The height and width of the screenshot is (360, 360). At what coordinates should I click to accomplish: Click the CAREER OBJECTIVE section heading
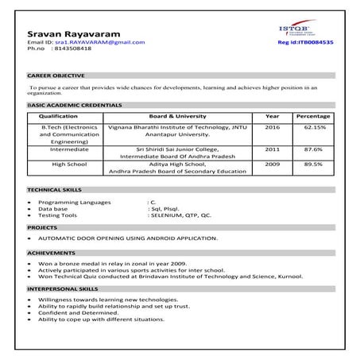[52, 75]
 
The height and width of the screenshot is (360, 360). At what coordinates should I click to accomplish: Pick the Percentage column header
[312, 116]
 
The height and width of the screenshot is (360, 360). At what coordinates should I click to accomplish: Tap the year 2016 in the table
[273, 126]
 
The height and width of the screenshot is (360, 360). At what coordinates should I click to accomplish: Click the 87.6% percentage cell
[312, 149]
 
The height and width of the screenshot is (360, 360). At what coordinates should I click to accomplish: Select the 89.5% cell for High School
[312, 164]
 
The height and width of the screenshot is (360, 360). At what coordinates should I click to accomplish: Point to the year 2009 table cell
[273, 164]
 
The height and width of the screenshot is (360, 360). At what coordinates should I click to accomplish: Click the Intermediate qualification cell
[69, 149]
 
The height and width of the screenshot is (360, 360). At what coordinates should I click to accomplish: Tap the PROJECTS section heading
[41, 227]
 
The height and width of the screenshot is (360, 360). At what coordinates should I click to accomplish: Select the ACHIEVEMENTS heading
[49, 251]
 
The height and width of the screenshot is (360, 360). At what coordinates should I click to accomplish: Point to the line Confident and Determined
[76, 312]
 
